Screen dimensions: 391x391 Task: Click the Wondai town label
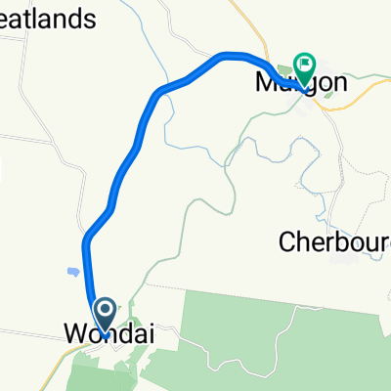point(109,334)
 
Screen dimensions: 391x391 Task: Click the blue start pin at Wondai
point(102,316)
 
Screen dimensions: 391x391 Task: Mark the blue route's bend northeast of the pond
point(89,235)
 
